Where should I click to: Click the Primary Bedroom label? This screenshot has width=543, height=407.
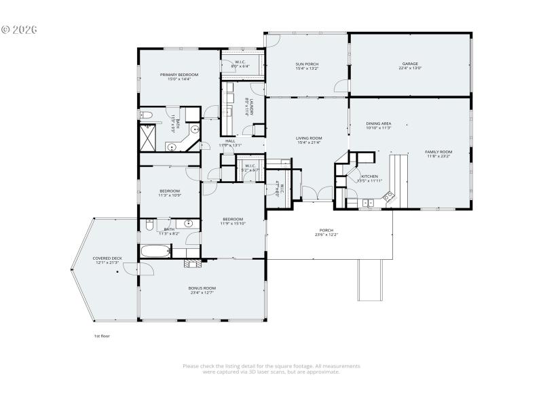179,75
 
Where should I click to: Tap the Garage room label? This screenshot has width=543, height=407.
410,64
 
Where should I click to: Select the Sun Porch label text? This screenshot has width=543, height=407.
307,64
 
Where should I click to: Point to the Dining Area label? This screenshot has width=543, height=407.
378,123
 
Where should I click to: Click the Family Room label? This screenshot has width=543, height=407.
438,152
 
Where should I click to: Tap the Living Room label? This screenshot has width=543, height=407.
308,138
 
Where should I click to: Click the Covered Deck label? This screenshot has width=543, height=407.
107,258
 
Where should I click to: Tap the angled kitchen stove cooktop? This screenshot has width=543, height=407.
390,197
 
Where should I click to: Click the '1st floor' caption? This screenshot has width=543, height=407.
101,336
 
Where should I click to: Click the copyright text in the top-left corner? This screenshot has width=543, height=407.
19,30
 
